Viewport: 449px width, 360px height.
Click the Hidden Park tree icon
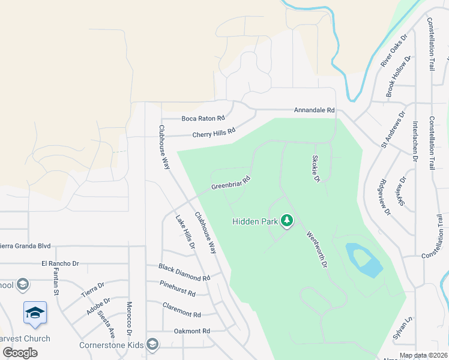[x=288, y=221]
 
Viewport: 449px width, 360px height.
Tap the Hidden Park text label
[x=255, y=221]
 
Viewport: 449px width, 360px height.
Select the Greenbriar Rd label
[x=231, y=183]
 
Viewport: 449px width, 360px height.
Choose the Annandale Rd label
[x=314, y=110]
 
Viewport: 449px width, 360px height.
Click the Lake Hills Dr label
[x=185, y=232]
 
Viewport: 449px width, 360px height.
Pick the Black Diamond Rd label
[x=184, y=272]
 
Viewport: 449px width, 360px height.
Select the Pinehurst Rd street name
[x=178, y=289]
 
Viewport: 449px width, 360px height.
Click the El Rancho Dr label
[x=60, y=263]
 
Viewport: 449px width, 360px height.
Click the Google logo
[x=20, y=352]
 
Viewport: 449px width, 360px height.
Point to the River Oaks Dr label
[x=394, y=50]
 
